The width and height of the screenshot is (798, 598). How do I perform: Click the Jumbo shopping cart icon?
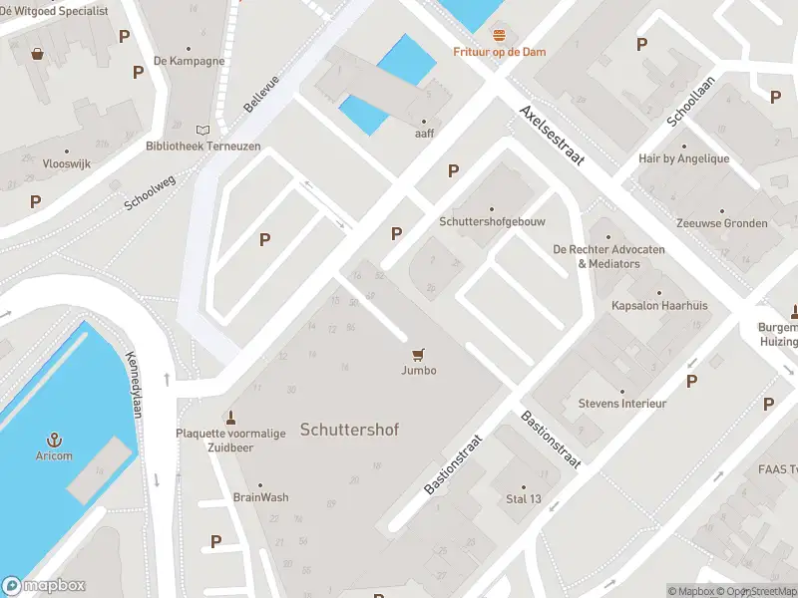pos(418,354)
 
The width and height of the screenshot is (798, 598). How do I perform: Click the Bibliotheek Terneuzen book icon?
pos(203,131)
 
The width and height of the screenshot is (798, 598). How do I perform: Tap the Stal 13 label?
pos(523,498)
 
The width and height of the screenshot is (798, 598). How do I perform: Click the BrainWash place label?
pos(260,496)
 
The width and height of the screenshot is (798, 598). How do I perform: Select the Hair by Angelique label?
pos(683,158)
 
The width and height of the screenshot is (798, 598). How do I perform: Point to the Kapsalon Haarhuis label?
pos(658,305)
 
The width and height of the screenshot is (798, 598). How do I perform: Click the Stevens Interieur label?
pos(622,403)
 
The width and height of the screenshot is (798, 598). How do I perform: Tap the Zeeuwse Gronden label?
pos(721,223)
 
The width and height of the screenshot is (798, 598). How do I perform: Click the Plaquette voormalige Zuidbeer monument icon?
pos(230,417)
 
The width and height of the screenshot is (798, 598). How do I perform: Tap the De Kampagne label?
pos(189,60)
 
